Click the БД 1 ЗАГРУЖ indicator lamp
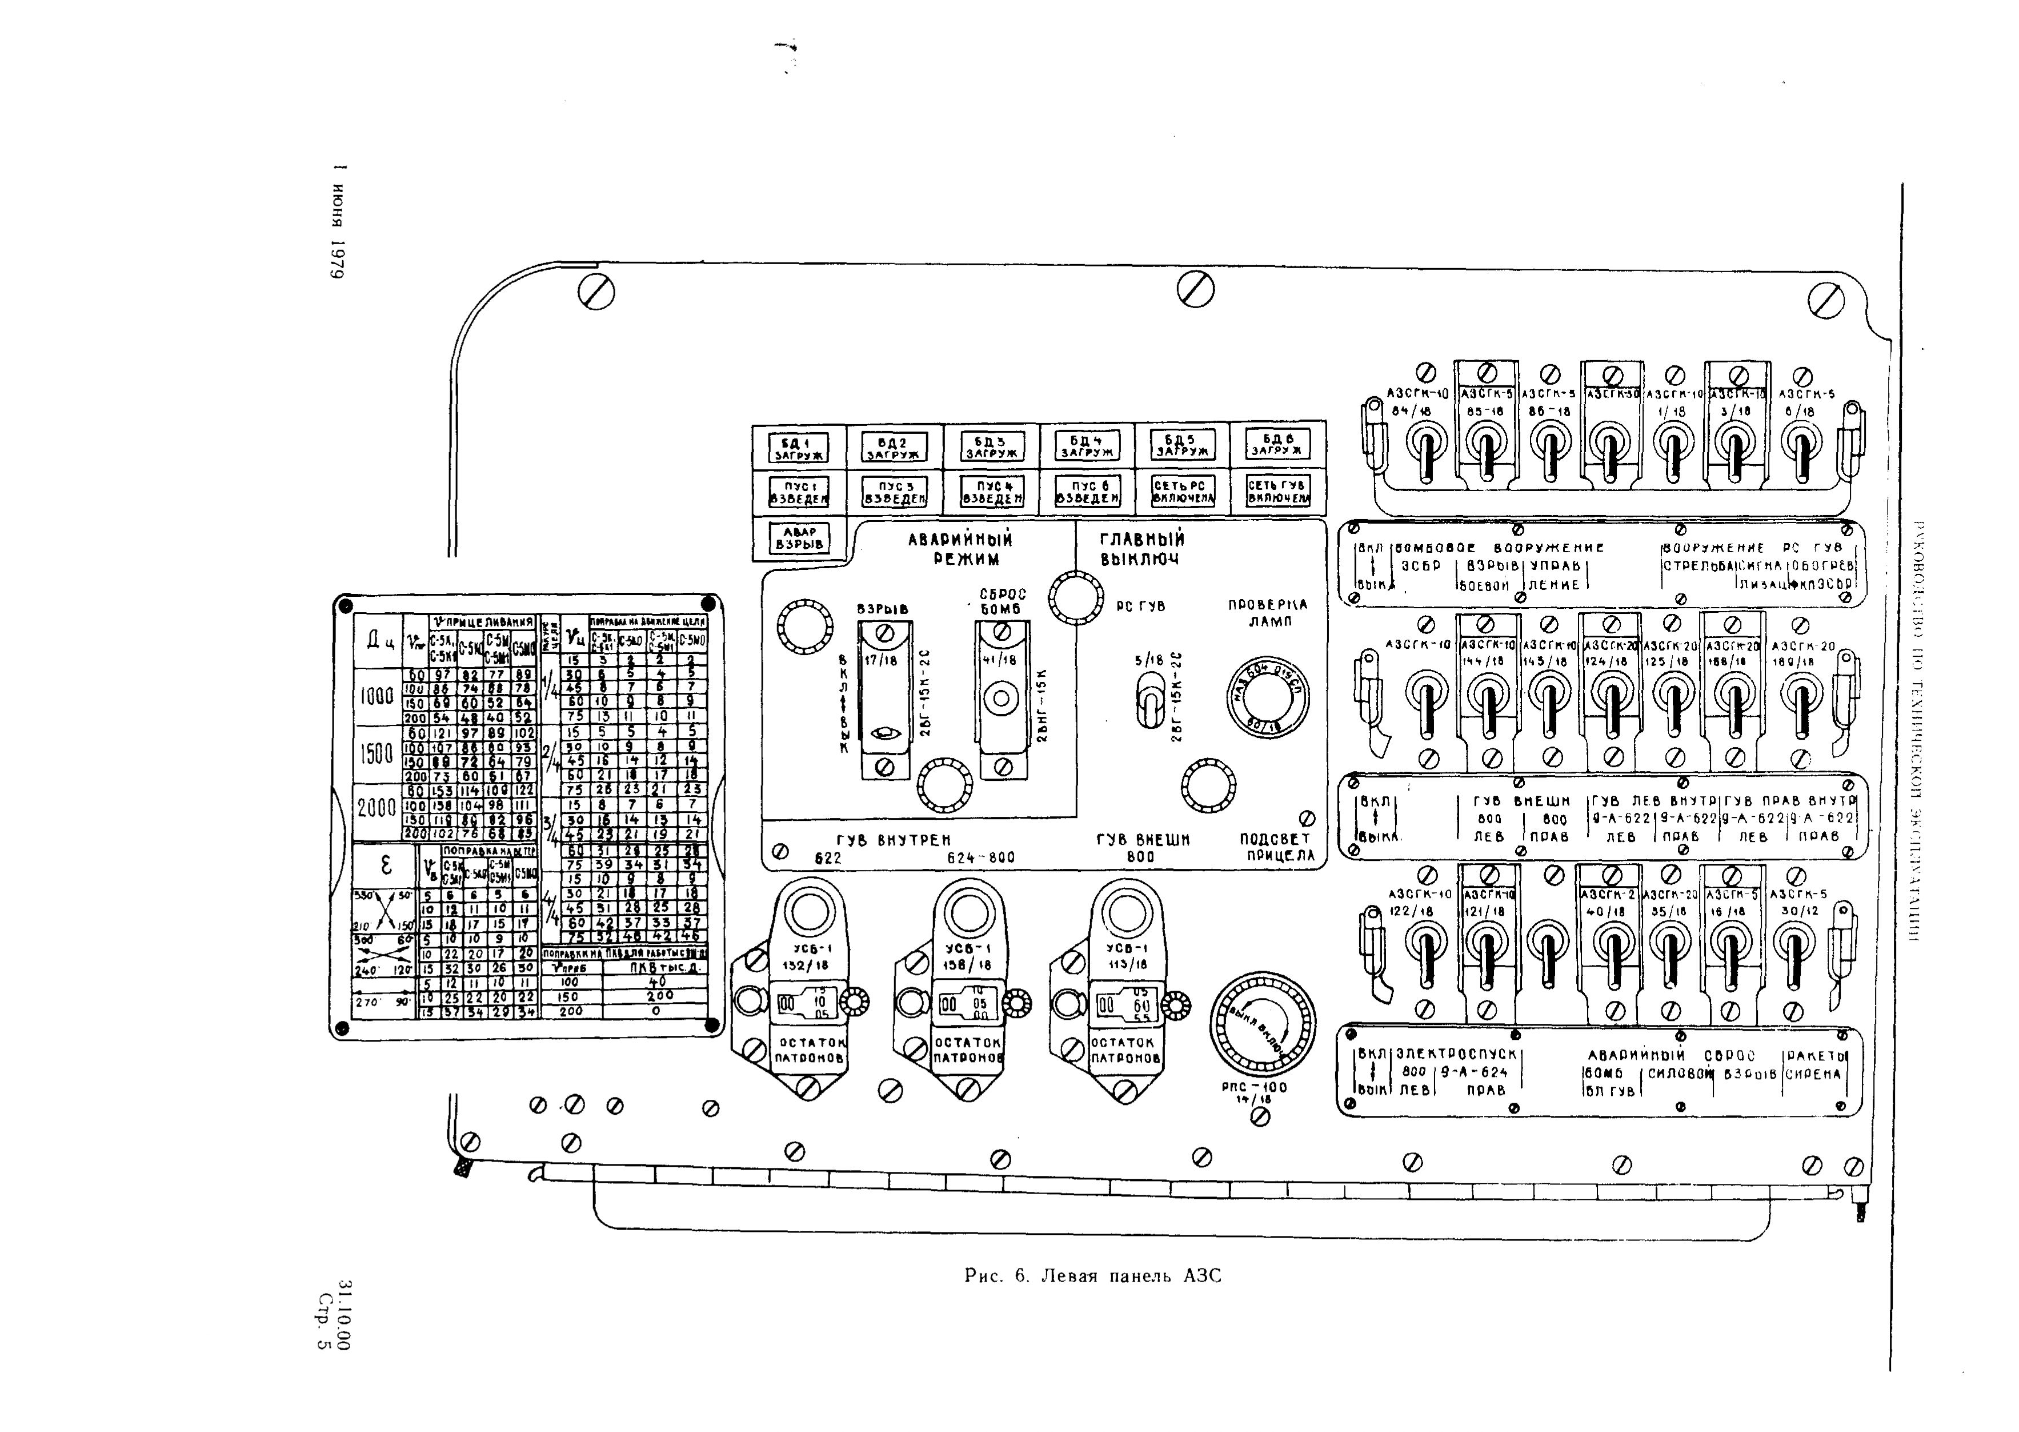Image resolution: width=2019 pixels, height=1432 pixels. (x=796, y=447)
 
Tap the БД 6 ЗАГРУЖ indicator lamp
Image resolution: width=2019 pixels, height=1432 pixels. (x=1277, y=444)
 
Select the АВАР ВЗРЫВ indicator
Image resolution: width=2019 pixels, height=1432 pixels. (x=796, y=539)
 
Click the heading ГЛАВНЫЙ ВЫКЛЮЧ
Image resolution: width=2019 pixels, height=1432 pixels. (x=1141, y=548)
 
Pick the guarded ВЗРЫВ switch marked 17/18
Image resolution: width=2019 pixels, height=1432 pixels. (x=885, y=699)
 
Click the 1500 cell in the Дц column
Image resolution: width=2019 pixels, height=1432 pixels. (x=376, y=754)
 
